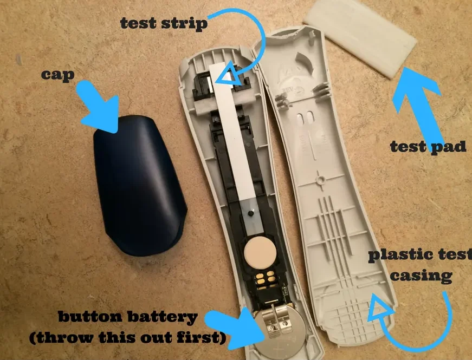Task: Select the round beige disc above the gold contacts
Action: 260,253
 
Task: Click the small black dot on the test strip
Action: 250,213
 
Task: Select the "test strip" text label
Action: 164,23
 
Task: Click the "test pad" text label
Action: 428,147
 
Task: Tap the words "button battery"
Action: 128,317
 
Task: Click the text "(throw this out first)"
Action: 128,338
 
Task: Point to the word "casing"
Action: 422,276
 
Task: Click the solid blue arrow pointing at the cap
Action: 99,107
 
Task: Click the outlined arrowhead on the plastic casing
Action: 380,306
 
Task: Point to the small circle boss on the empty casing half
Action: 320,180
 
